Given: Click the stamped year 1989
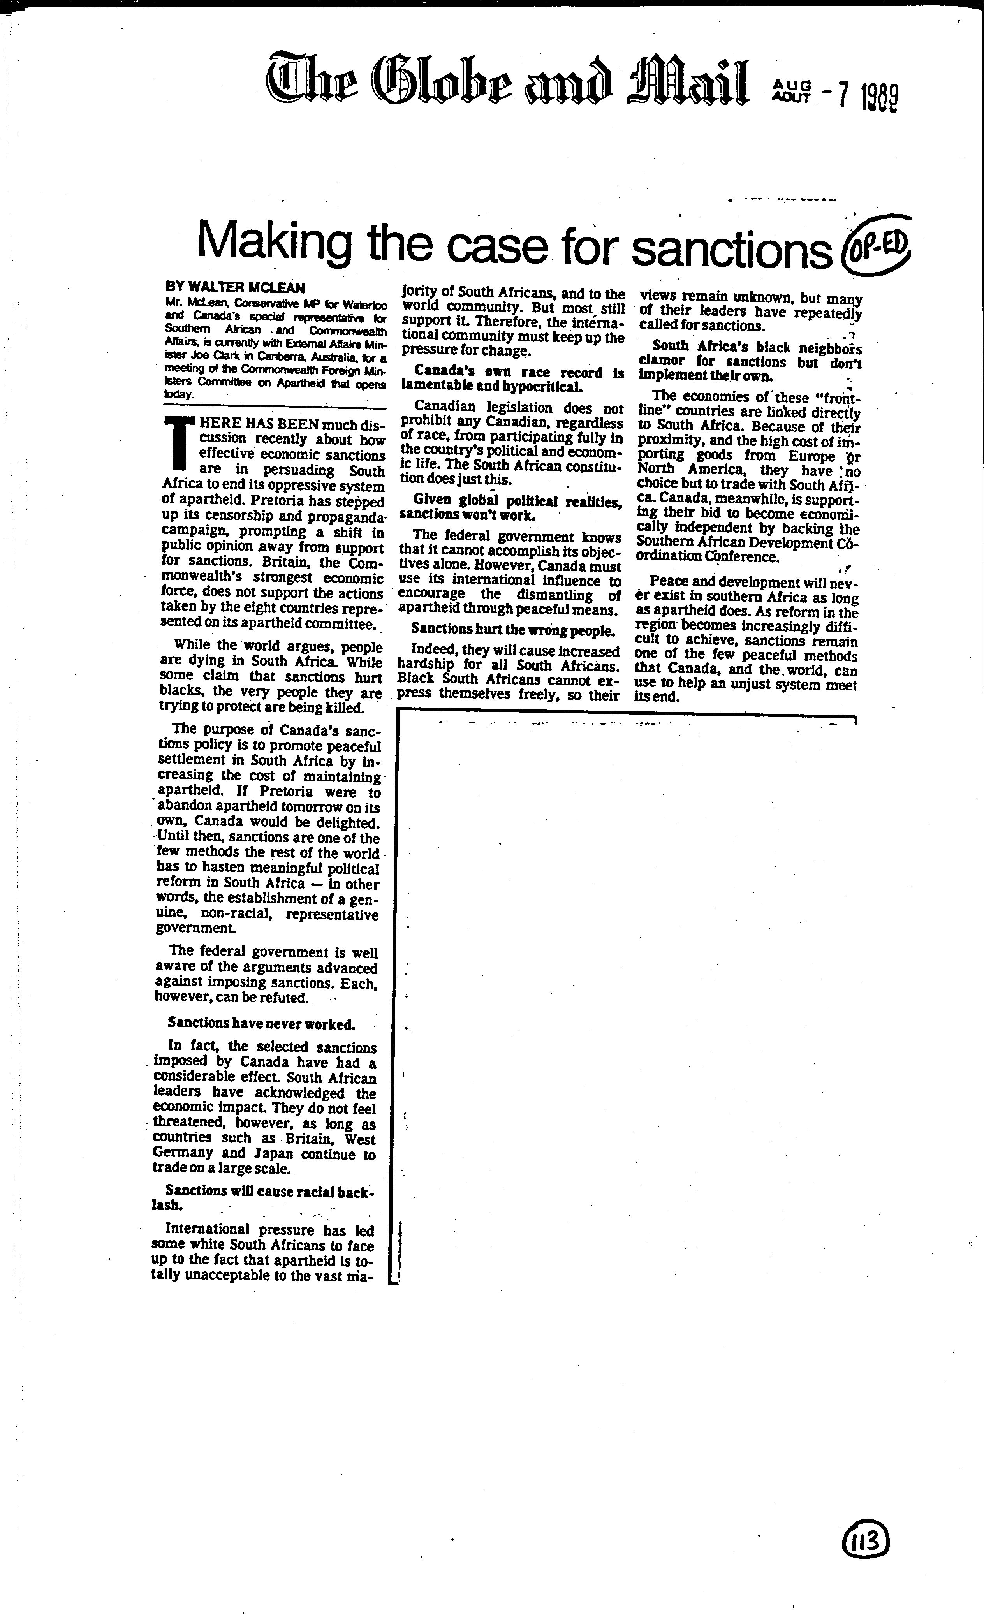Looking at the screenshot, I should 879,98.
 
